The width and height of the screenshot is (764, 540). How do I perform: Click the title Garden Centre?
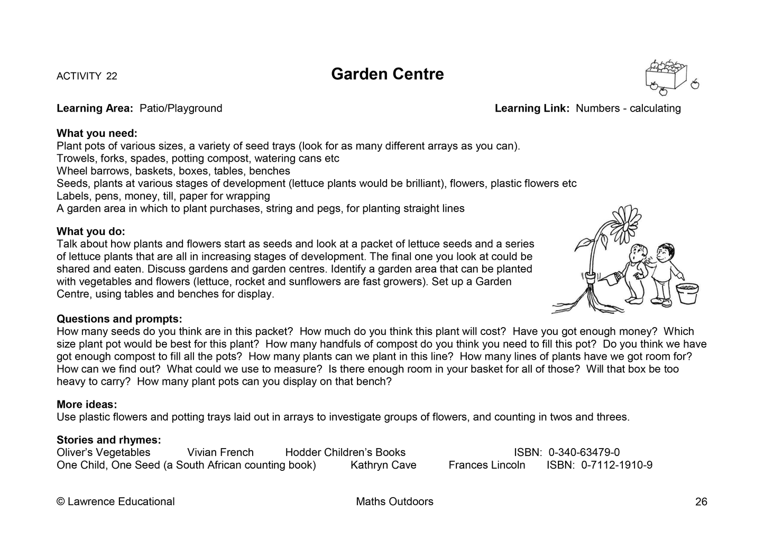387,74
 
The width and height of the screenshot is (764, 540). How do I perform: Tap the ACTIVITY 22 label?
87,76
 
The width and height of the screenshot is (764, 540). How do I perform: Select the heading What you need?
97,133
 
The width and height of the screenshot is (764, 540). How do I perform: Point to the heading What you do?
91,231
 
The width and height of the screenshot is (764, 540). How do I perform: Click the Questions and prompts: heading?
119,319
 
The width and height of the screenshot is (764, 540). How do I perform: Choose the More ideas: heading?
87,405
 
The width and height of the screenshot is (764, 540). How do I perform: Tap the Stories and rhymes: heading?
108,440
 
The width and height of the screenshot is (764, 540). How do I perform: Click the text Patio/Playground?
181,108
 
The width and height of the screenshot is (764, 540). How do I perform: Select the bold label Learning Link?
532,108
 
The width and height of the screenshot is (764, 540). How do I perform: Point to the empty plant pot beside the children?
687,293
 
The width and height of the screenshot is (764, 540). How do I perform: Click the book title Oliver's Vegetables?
104,452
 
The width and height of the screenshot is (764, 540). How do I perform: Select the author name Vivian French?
220,452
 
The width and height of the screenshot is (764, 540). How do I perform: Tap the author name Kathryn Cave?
383,465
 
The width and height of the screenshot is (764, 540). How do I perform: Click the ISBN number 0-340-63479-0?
584,452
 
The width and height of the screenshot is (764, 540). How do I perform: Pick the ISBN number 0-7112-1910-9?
616,465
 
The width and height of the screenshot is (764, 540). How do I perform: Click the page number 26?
701,502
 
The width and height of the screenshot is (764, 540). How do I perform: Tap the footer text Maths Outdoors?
394,501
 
